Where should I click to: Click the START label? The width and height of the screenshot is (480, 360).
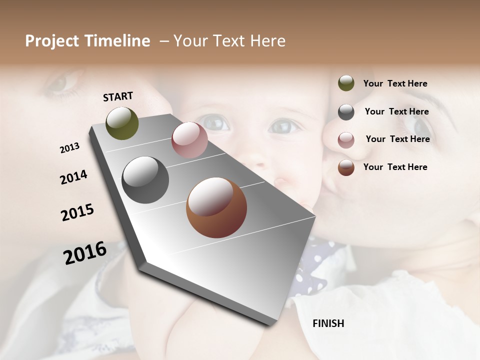click(118, 96)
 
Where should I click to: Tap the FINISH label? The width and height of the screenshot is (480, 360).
click(328, 323)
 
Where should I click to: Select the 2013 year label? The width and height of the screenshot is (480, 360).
click(69, 148)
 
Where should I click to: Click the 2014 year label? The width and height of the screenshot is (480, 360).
click(73, 177)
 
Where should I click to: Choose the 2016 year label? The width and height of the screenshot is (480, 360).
click(85, 252)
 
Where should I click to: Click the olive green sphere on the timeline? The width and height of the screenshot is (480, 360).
click(122, 123)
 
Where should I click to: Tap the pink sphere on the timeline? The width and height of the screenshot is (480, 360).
click(189, 140)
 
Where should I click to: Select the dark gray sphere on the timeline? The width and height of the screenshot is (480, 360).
click(145, 180)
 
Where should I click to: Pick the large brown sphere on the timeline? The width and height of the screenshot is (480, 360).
click(216, 207)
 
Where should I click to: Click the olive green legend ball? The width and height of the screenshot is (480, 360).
click(346, 83)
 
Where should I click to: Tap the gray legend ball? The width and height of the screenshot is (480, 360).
click(346, 112)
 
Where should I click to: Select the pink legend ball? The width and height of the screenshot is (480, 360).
click(346, 139)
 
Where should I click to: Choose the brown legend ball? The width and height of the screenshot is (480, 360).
click(346, 167)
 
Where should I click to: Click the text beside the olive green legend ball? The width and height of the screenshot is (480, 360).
click(395, 83)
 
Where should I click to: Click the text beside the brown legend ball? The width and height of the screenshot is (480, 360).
click(395, 167)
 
